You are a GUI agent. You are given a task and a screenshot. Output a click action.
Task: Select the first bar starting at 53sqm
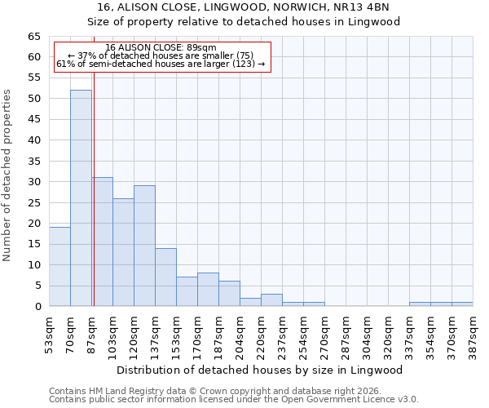tap(59, 267)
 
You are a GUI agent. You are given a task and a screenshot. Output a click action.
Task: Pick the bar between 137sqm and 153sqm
tap(165, 277)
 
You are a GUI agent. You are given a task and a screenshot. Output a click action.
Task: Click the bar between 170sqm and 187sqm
tap(208, 290)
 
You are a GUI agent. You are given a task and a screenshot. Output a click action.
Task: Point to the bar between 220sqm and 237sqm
tap(271, 300)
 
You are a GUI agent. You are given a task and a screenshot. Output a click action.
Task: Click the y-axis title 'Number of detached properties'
tap(7, 175)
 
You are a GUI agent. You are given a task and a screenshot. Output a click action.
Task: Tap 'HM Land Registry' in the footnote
tap(120, 391)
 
